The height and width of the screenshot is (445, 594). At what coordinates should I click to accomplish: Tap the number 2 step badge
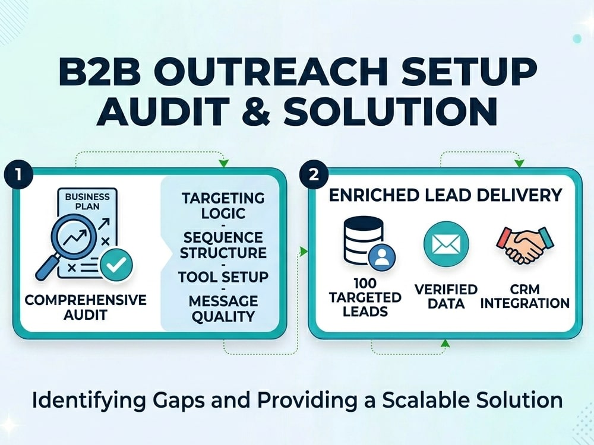[314, 175]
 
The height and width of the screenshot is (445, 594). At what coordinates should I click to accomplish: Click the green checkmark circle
[116, 265]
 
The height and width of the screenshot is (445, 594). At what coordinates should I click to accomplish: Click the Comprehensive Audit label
[86, 307]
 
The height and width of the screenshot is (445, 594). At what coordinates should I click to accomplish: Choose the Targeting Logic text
[223, 205]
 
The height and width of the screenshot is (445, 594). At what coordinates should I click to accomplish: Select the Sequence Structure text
[223, 245]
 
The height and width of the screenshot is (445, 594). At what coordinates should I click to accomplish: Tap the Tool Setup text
[223, 277]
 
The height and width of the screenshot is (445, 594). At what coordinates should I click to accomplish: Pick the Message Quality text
[223, 309]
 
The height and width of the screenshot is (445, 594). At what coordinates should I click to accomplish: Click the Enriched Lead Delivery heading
[445, 195]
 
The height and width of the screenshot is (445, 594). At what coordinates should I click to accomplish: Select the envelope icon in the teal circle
[446, 244]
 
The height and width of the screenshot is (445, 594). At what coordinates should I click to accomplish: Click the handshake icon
[525, 244]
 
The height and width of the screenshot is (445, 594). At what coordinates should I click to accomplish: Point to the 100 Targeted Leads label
[365, 297]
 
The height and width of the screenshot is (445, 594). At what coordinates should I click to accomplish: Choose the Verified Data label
[446, 296]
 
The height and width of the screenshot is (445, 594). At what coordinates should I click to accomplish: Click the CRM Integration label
[525, 296]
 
